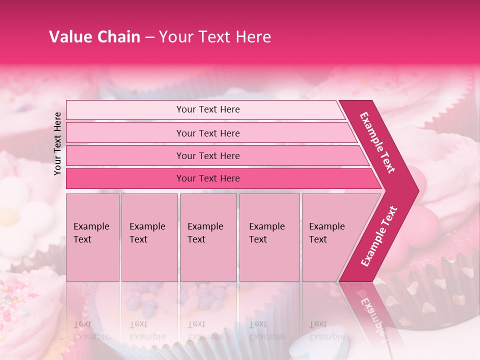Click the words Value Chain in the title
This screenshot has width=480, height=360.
pyautogui.click(x=94, y=37)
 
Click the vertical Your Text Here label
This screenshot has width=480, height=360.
pyautogui.click(x=57, y=143)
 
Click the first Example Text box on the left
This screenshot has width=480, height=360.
pyautogui.click(x=92, y=237)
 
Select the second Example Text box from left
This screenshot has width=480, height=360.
pyautogui.click(x=149, y=237)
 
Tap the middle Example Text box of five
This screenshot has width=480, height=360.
pyautogui.click(x=208, y=237)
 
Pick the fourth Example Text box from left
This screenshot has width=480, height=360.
pyautogui.click(x=269, y=237)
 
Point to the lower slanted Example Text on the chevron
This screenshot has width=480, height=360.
pyautogui.click(x=379, y=236)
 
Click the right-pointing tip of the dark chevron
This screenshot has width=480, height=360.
pyautogui.click(x=416, y=191)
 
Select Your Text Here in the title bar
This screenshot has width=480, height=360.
pyautogui.click(x=215, y=37)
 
